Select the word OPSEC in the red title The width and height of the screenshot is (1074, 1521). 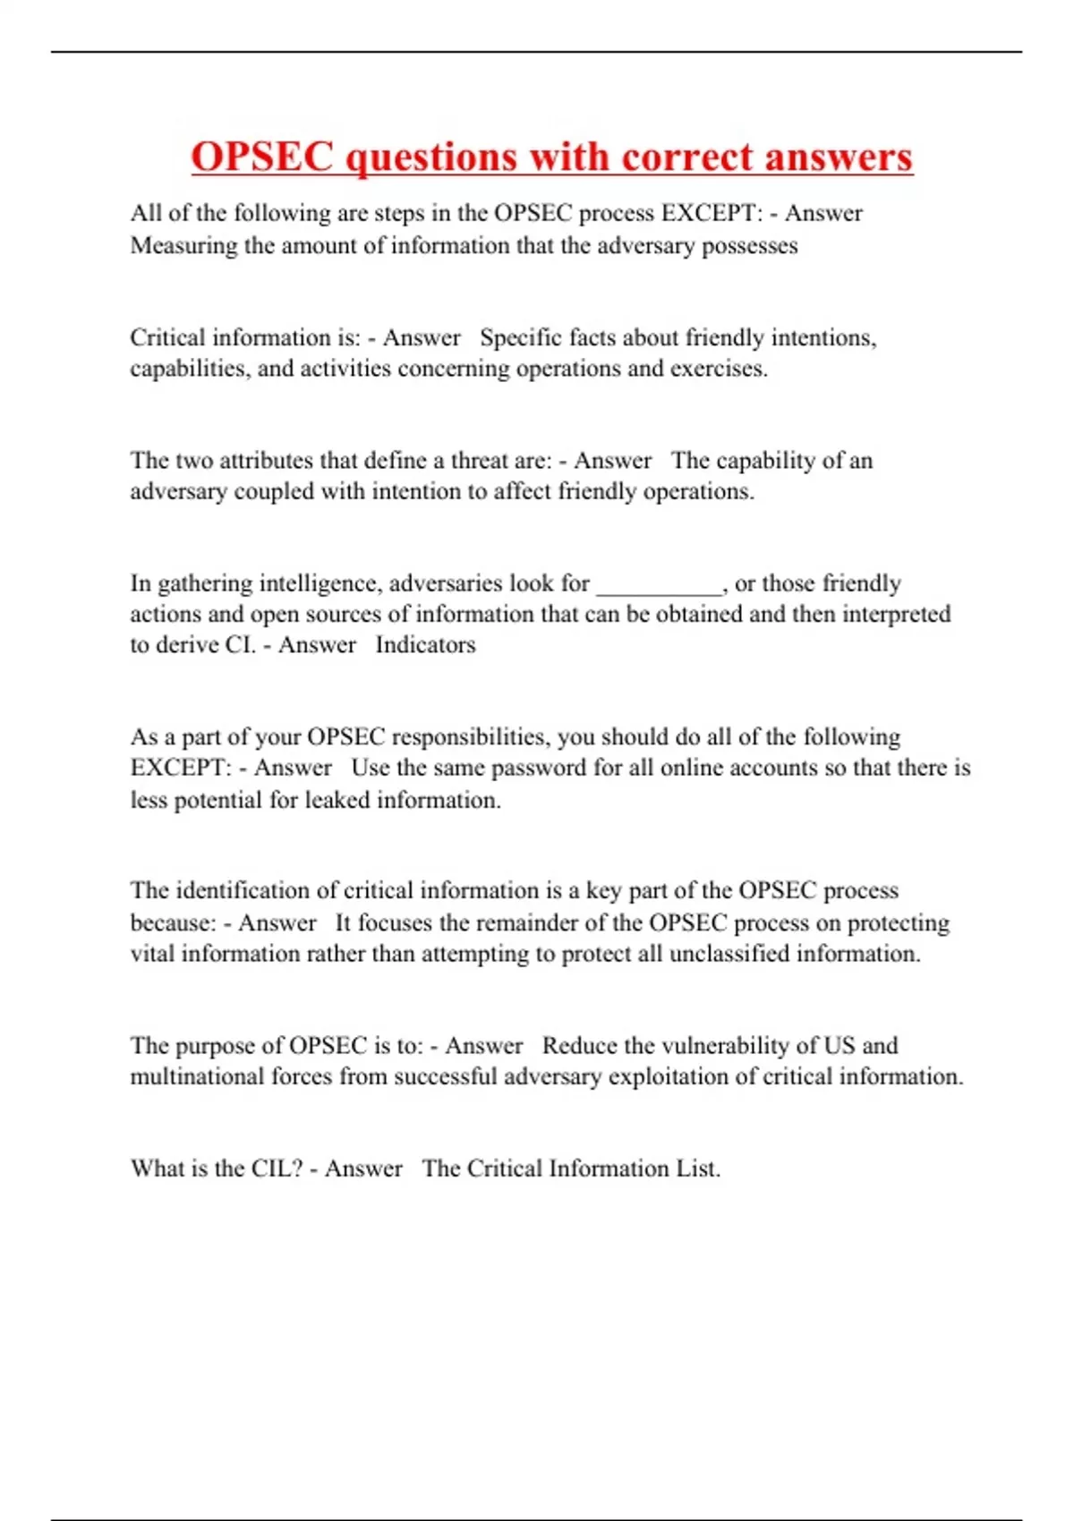pos(262,157)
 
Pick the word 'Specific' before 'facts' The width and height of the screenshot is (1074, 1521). pos(520,338)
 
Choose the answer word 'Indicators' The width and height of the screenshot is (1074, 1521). pos(425,645)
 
